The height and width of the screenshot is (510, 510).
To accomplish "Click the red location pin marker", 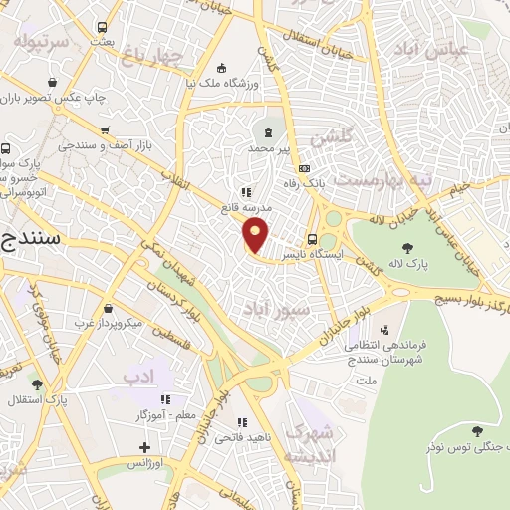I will [256, 236].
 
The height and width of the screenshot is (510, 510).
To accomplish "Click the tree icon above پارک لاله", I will [406, 247].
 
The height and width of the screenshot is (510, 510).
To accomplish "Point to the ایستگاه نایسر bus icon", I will [313, 239].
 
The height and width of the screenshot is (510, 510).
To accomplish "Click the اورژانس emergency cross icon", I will [145, 449].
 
